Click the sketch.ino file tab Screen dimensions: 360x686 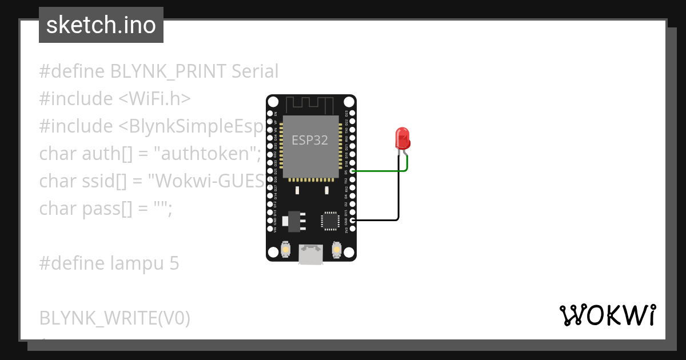click(101, 25)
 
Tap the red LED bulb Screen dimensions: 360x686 click(402, 138)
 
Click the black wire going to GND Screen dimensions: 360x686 click(377, 220)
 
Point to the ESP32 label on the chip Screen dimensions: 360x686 click(310, 140)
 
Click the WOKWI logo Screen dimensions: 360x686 click(607, 315)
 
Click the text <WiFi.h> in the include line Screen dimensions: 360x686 click(154, 99)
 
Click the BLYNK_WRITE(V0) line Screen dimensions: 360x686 click(114, 318)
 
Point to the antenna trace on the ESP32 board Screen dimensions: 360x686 click(309, 105)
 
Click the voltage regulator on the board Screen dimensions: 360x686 click(294, 221)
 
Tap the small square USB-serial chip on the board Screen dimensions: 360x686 click(330, 221)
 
